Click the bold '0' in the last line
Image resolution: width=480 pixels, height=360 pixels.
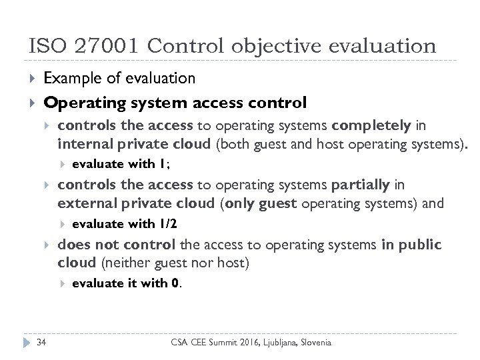pos(175,283)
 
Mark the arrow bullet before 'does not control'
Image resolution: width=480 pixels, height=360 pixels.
pos(47,245)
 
